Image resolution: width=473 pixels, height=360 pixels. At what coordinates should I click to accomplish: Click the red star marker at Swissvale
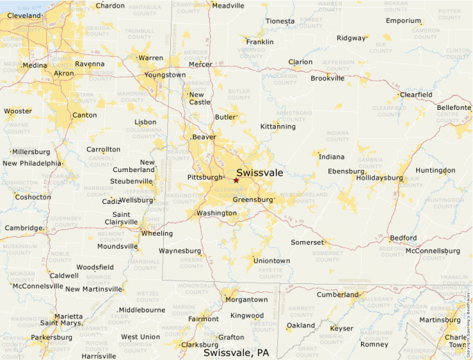(236, 180)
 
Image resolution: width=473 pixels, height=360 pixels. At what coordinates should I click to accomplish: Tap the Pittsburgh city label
(205, 178)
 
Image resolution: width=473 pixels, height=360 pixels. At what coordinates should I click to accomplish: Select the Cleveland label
(24, 15)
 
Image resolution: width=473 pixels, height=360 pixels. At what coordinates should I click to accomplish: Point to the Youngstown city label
(165, 75)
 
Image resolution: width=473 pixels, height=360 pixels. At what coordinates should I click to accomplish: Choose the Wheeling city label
(157, 234)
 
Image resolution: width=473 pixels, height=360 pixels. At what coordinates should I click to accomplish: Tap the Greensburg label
(253, 200)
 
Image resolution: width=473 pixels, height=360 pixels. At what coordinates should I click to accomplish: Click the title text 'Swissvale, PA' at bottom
(236, 352)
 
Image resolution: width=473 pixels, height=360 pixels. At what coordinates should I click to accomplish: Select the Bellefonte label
(454, 108)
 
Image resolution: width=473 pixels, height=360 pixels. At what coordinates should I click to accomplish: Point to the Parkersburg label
(51, 338)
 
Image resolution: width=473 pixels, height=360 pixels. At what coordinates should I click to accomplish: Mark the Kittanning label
(278, 126)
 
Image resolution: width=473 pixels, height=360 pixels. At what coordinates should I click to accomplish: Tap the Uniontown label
(272, 260)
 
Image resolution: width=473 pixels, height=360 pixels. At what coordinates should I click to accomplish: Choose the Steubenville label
(131, 181)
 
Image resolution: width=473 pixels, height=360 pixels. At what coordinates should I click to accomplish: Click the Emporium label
(403, 21)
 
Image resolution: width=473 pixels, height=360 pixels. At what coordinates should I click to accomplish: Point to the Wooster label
(18, 111)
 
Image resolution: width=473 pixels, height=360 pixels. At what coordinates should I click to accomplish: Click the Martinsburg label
(440, 319)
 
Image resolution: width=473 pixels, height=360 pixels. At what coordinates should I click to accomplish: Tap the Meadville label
(228, 6)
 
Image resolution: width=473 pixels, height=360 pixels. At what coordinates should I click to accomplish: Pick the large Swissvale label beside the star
(259, 173)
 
